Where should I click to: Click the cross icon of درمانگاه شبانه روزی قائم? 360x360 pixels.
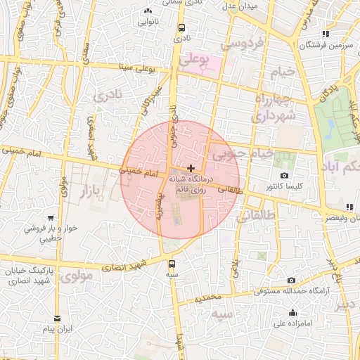point(191,168)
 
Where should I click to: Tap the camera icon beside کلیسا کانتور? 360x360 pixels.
point(284,175)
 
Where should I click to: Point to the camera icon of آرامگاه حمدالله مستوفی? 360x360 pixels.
point(291,281)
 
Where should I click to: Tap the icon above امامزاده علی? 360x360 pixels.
point(292,313)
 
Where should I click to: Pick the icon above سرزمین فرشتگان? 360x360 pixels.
point(325,34)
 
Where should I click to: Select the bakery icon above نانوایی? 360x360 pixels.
point(148,11)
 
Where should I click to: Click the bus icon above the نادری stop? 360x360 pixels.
point(182,28)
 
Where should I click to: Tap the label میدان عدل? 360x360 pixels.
point(240,6)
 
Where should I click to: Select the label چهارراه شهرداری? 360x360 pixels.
point(275,107)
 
